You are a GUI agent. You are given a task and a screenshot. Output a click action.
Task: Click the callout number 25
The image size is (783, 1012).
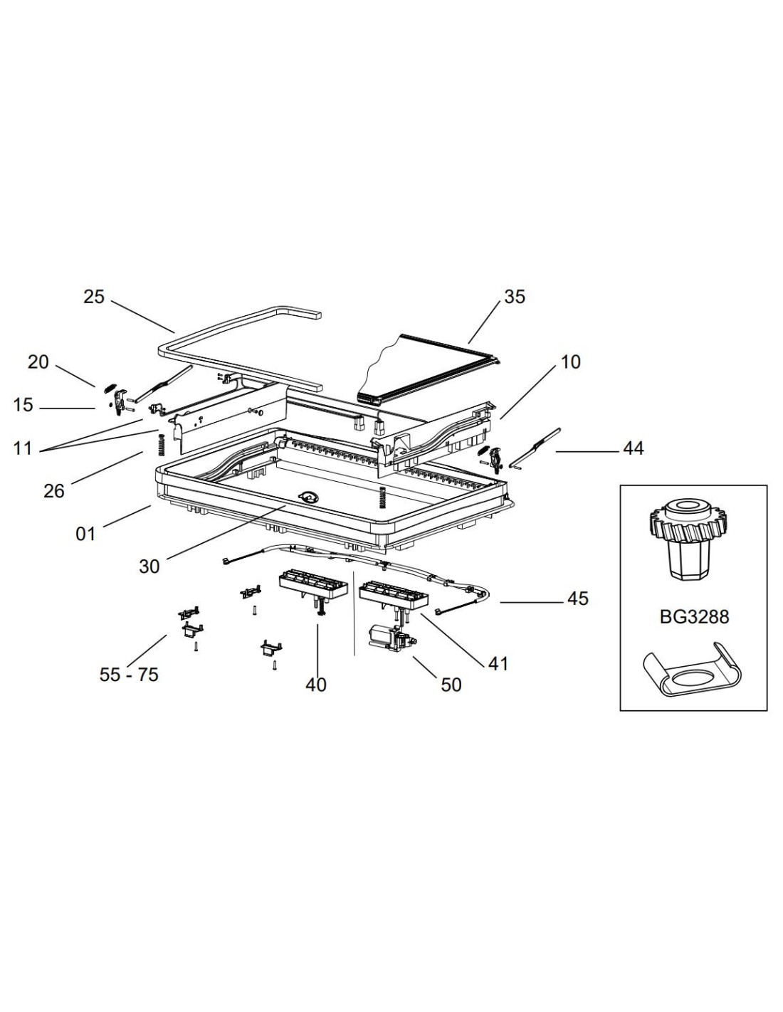pyautogui.click(x=94, y=297)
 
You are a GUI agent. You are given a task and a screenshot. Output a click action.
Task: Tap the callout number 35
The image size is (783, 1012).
pyautogui.click(x=514, y=296)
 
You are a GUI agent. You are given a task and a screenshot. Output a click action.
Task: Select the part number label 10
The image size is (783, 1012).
pyautogui.click(x=570, y=362)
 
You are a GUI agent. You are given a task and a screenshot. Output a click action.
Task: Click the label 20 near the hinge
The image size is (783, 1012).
pyautogui.click(x=38, y=362)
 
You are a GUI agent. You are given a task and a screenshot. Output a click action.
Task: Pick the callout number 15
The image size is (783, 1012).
pyautogui.click(x=23, y=405)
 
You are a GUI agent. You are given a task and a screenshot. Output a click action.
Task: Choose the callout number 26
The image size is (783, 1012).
pyautogui.click(x=54, y=490)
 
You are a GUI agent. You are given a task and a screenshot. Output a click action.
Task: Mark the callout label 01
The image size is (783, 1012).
pyautogui.click(x=85, y=533)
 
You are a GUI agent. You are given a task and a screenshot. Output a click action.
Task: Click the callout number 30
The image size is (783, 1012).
pyautogui.click(x=149, y=566)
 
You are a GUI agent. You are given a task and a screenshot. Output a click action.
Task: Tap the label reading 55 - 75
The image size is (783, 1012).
pyautogui.click(x=129, y=675)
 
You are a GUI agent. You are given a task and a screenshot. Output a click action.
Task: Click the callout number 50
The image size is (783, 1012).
pyautogui.click(x=451, y=685)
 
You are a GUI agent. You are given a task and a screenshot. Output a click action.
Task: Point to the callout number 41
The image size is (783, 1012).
pyautogui.click(x=498, y=663)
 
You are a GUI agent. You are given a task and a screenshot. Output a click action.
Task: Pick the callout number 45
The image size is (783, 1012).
pyautogui.click(x=578, y=599)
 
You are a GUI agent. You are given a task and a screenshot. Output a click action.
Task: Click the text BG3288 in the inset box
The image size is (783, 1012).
pyautogui.click(x=694, y=616)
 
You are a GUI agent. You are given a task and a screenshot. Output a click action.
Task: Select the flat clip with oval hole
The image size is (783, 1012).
pyautogui.click(x=693, y=673)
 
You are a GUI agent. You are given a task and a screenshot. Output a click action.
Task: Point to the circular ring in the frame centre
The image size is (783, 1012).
pyautogui.click(x=310, y=497)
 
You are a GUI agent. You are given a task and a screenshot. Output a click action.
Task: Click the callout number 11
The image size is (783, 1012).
pyautogui.click(x=23, y=450)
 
